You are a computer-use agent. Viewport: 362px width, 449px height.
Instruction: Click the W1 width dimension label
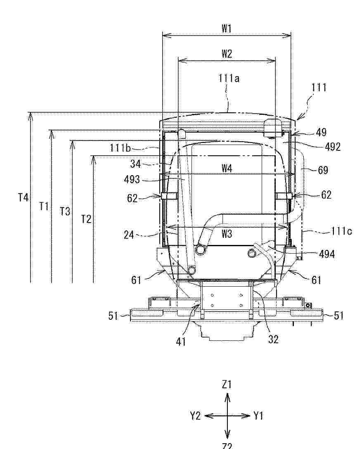(x=226, y=29)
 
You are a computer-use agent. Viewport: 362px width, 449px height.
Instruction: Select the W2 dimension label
(x=227, y=54)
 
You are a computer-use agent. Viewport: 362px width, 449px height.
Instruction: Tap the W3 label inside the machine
(x=227, y=234)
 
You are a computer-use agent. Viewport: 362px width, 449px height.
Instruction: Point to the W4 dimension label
(x=227, y=169)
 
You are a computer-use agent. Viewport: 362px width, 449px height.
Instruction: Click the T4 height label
(x=23, y=197)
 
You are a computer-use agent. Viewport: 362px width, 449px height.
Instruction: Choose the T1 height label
(x=44, y=206)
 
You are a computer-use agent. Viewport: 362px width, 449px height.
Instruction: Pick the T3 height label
(x=65, y=211)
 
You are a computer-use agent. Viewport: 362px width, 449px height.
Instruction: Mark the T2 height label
(x=86, y=219)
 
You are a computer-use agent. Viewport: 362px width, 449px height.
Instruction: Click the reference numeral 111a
(x=229, y=78)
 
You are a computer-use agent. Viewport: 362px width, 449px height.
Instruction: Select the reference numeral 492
(x=333, y=147)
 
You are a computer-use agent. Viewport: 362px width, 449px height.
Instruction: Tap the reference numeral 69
(x=323, y=170)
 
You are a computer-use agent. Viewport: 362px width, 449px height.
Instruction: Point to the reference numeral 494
(x=327, y=254)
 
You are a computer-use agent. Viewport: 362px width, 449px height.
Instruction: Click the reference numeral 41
(x=181, y=341)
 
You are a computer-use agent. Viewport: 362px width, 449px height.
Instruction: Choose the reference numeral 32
(x=273, y=339)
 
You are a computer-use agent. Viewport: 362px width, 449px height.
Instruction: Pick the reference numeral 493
(x=132, y=180)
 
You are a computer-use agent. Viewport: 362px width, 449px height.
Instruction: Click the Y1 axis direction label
(x=258, y=416)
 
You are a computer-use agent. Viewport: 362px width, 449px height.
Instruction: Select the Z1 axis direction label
(x=227, y=385)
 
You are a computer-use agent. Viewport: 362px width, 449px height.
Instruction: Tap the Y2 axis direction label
(x=196, y=416)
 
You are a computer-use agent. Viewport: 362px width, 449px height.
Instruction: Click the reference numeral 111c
(x=342, y=231)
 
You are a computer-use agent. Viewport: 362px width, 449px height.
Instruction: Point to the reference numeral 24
(x=129, y=235)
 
